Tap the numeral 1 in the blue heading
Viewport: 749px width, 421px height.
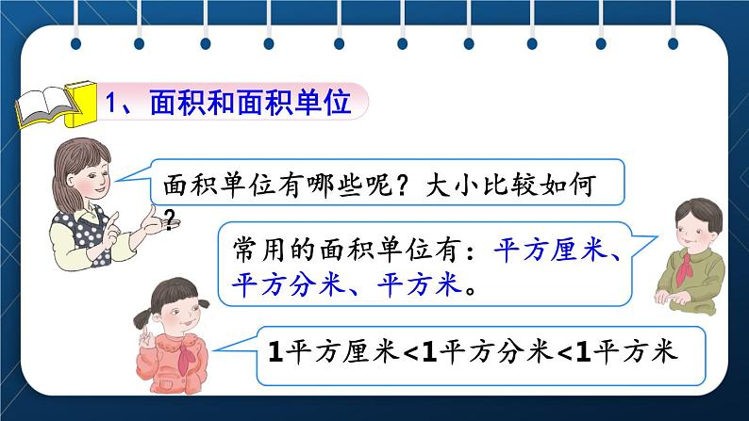[x=110, y=103]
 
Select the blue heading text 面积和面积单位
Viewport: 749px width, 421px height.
[x=251, y=103]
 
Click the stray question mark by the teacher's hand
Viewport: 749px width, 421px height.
[x=170, y=219]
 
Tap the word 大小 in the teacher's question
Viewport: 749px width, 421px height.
[x=452, y=185]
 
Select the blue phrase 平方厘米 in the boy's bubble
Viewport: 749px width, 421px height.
[x=549, y=250]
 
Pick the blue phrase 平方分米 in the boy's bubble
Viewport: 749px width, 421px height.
[x=288, y=284]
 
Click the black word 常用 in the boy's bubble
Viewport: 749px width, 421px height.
[x=260, y=250]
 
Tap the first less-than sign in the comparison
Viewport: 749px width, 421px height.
[x=411, y=353]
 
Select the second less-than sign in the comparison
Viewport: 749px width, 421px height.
[x=566, y=353]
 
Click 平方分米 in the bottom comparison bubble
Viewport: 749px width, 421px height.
[x=496, y=352]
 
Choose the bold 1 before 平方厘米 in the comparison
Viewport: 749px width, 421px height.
[x=275, y=352]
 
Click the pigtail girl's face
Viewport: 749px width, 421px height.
[x=177, y=314]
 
